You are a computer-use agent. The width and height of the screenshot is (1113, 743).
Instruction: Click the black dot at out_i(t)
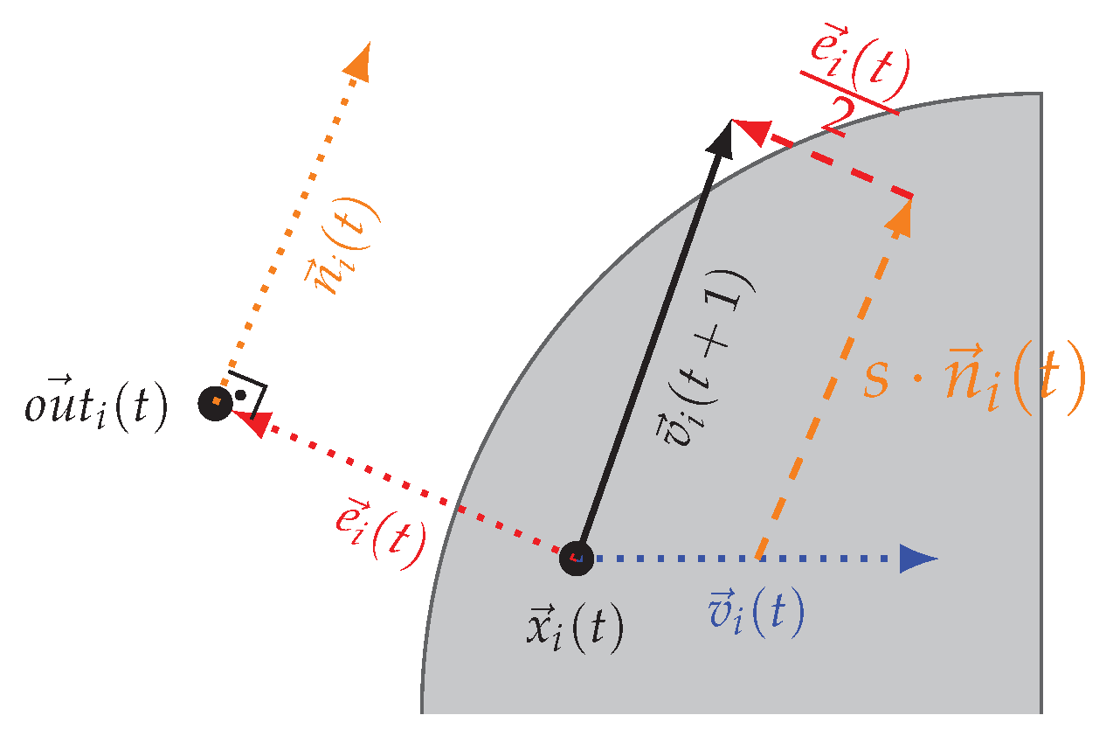tap(214, 403)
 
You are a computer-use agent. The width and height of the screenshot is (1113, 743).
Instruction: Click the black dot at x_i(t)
tap(576, 557)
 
